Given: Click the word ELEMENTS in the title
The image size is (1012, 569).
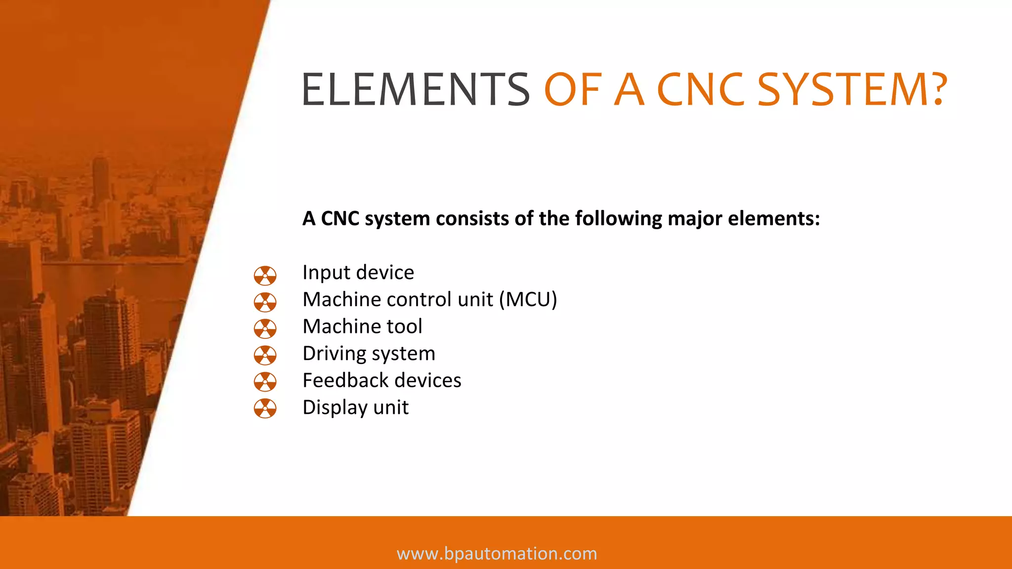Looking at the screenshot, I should [x=415, y=90].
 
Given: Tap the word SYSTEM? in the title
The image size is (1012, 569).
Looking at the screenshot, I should [x=852, y=90].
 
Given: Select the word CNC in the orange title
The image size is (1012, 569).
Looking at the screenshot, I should [x=700, y=90].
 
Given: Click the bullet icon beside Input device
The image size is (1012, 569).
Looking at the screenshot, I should [x=265, y=276].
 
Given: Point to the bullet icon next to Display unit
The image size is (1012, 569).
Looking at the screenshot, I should [x=265, y=408].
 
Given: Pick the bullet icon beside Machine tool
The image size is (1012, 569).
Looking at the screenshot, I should [x=265, y=328].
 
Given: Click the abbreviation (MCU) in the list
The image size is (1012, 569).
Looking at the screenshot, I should [x=528, y=300].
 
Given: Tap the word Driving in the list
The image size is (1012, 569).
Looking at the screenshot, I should [x=334, y=354].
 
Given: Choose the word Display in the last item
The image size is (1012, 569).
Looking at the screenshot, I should [x=335, y=408].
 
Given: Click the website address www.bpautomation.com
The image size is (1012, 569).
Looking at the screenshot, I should [x=497, y=554].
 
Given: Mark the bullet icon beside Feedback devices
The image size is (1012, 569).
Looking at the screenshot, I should [x=265, y=382].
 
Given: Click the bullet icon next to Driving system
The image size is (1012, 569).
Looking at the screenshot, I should [x=265, y=355].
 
